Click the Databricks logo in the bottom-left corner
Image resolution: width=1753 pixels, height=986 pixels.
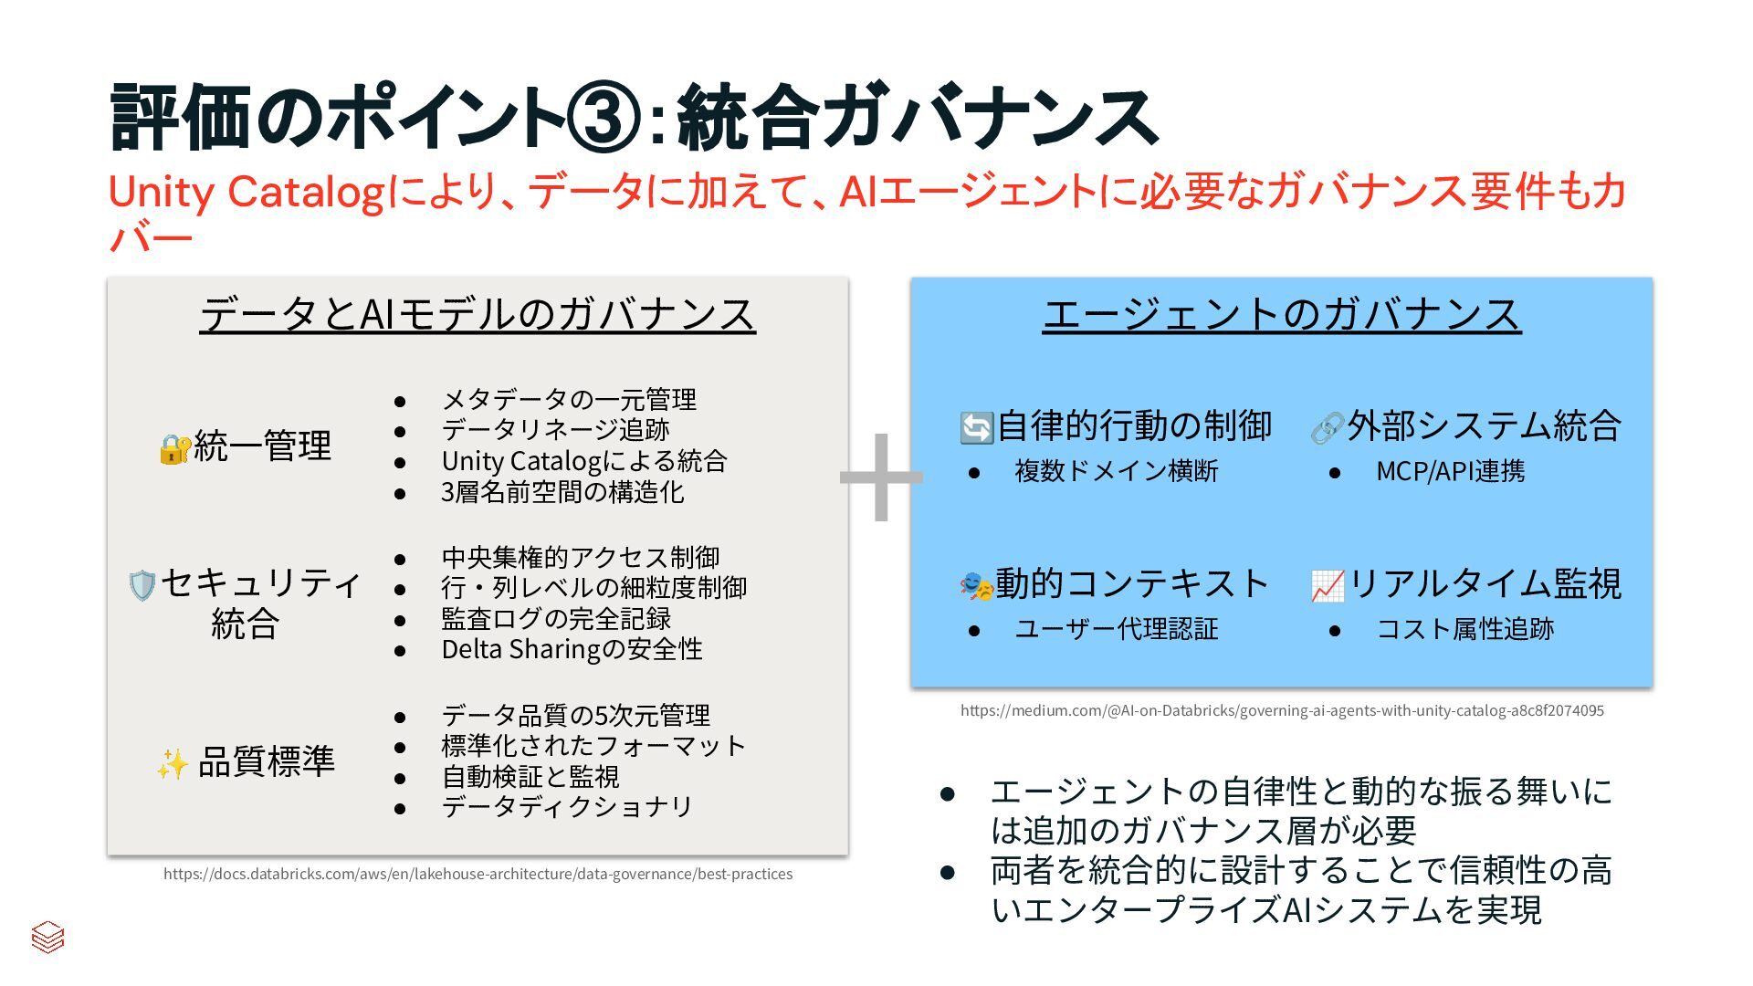[x=47, y=936]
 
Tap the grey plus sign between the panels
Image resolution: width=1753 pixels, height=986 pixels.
[x=881, y=477]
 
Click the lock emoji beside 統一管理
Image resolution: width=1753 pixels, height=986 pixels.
[x=174, y=448]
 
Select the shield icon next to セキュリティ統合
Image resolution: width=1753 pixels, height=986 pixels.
[x=142, y=585]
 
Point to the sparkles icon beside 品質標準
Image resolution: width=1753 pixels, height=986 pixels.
[x=173, y=763]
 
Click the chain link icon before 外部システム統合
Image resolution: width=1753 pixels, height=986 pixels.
[x=1327, y=427]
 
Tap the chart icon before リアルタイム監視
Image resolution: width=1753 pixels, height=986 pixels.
[x=1328, y=585]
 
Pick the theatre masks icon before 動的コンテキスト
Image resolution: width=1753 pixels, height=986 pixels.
[x=976, y=585]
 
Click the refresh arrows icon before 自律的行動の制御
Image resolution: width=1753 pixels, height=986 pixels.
[x=976, y=427]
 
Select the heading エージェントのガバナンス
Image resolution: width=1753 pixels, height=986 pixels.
[x=1282, y=314]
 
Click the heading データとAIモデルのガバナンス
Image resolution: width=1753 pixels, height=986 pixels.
[x=478, y=314]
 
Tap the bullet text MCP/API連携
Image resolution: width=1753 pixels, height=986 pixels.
[x=1450, y=471]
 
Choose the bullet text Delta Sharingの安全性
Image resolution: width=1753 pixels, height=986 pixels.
[x=572, y=649]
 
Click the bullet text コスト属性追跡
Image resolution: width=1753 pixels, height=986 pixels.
[x=1464, y=629]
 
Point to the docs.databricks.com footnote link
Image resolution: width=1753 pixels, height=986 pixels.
[x=478, y=874]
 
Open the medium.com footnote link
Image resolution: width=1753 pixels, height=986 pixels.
[x=1282, y=710]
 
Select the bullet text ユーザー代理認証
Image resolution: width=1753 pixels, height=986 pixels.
[x=1116, y=629]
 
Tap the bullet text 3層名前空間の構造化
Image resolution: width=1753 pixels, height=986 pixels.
[x=562, y=492]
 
